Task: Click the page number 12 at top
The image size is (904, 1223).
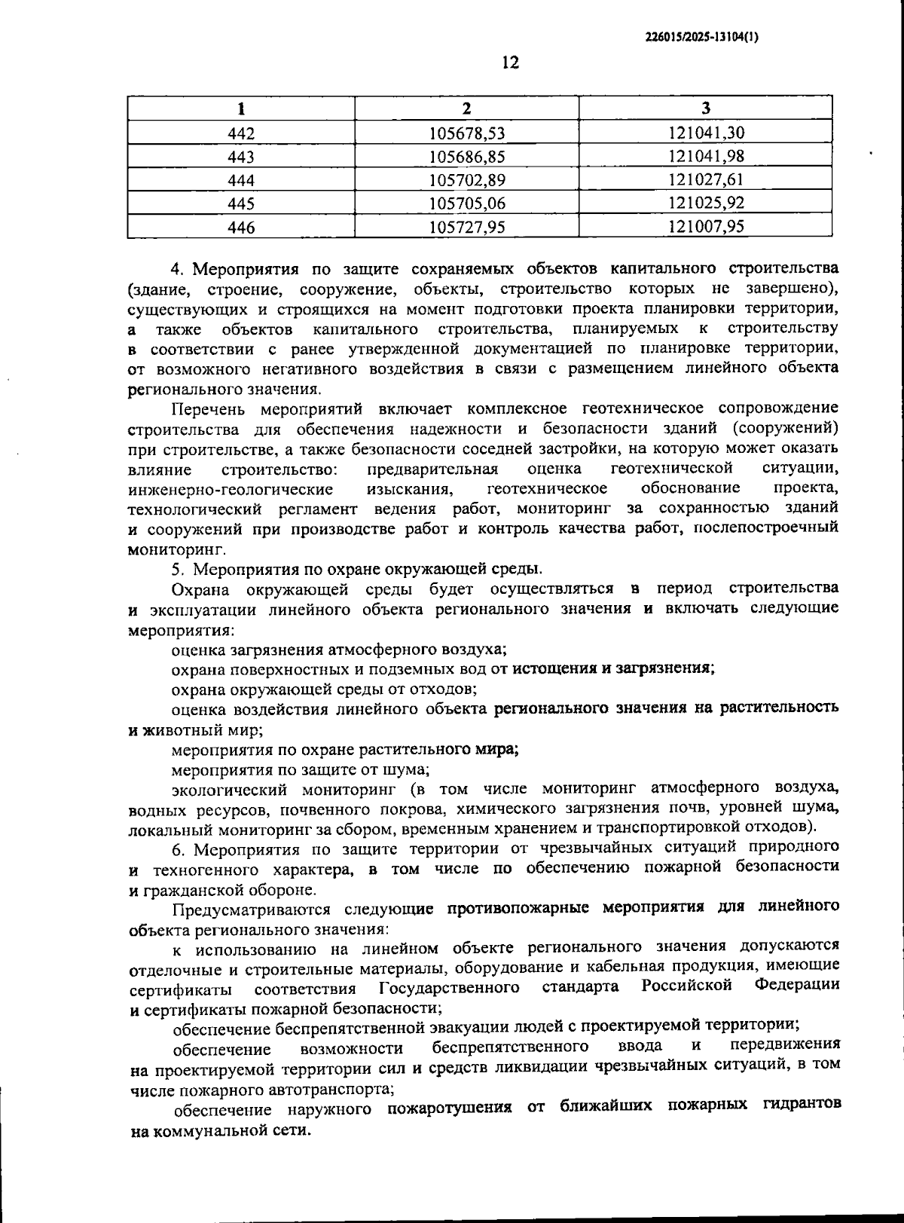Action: (x=510, y=63)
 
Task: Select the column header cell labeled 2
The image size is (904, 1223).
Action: (x=466, y=109)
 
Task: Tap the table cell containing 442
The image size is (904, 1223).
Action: (x=241, y=133)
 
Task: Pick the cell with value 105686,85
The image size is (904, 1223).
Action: (x=466, y=157)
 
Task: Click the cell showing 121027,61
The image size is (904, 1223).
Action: (x=706, y=180)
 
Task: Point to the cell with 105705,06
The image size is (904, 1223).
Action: (x=466, y=203)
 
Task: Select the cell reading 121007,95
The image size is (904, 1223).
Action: (x=706, y=227)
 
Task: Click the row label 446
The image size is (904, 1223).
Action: (x=241, y=227)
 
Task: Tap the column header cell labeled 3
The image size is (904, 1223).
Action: (x=706, y=109)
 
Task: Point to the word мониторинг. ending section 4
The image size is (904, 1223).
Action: (x=167, y=549)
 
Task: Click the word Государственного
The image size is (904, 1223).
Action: (x=449, y=987)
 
